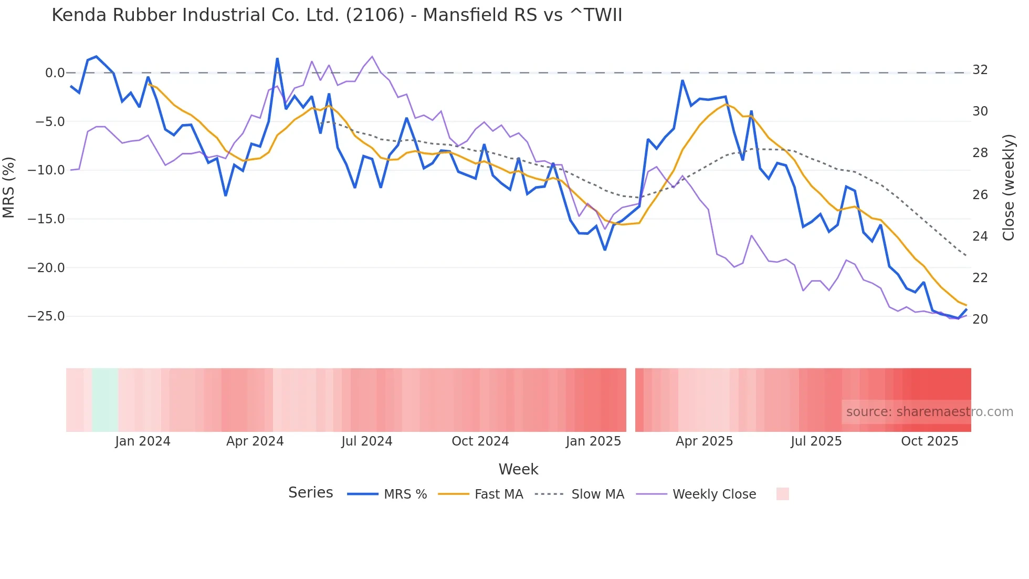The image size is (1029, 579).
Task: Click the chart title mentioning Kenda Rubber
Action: coord(337,15)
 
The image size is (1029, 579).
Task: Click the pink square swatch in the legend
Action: coord(782,494)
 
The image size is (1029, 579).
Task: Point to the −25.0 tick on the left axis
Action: coord(46,316)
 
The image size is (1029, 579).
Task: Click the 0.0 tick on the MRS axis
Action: coord(55,73)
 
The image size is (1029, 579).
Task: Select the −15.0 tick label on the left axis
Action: coord(46,219)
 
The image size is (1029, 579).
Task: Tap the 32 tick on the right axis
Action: coord(980,70)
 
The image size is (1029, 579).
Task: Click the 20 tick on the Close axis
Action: coord(980,319)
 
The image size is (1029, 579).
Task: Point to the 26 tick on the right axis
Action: coord(980,195)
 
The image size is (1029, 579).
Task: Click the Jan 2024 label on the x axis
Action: coord(143,441)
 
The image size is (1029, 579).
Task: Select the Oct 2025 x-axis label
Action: coord(929,441)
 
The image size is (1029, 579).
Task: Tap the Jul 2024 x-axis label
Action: coord(366,441)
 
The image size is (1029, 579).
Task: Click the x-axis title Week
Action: coord(518,469)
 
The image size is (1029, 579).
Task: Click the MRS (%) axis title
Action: coord(9,187)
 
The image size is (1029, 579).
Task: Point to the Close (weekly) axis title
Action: coord(1008,188)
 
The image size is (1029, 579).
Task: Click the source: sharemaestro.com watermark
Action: coord(929,412)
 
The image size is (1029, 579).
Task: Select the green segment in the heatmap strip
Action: coord(105,400)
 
